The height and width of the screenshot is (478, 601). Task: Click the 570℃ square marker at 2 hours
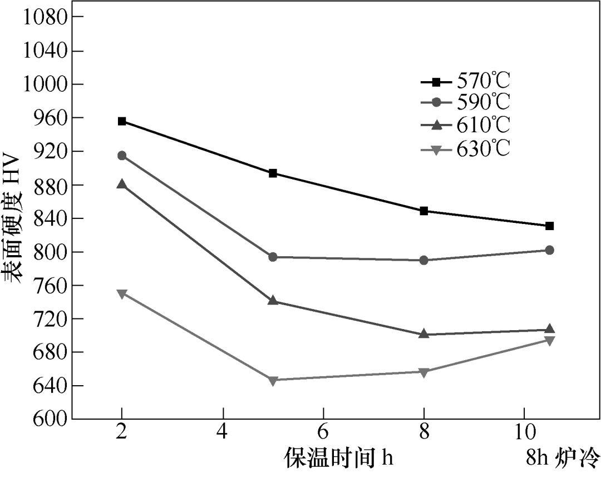coord(122,121)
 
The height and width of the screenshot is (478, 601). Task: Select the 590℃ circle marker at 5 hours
coord(273,257)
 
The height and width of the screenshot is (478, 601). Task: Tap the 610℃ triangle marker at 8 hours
coord(424,334)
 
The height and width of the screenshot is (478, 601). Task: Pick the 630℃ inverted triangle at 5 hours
coord(273,380)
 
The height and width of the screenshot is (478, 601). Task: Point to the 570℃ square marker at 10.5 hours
coord(550,226)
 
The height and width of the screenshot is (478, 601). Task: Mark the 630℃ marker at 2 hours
coord(122,293)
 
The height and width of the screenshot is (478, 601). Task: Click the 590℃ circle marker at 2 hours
coord(122,156)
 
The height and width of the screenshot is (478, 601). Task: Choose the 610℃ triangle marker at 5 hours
coord(273,301)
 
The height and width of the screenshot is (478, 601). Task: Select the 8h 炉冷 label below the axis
coord(563,459)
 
